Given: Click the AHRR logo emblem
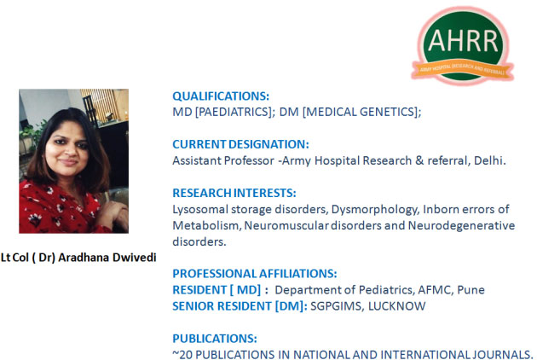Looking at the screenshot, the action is coord(463,45).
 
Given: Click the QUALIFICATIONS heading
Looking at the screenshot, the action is coord(221,96).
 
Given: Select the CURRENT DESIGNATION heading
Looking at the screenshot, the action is coord(240,144).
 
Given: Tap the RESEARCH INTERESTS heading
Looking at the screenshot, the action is coord(234,193).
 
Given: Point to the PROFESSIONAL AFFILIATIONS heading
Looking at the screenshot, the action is coord(255,274).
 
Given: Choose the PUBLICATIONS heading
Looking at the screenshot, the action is coord(215,339).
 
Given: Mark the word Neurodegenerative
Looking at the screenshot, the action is coord(461,225).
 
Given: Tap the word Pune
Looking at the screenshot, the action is coord(471,290).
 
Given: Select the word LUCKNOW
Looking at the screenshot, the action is coord(396,306).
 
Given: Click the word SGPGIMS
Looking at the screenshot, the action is coord(338,306).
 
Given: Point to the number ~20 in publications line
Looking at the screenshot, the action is coord(182,355).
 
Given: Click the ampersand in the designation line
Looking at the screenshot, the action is coord(419,160).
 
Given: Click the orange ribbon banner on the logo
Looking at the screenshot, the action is coord(463,70).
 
